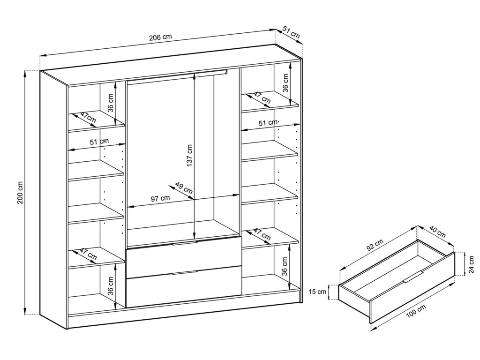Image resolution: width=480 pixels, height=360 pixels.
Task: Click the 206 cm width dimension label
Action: coord(160,37)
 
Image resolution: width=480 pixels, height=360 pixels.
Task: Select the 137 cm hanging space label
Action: coord(189,156)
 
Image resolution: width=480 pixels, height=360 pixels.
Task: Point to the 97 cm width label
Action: coord(160,198)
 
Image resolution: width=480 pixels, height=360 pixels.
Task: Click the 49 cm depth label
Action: coord(184,188)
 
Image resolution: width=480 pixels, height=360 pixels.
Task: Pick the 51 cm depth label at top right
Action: coord(291,32)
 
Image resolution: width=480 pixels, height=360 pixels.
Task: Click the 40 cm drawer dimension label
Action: coord(437,232)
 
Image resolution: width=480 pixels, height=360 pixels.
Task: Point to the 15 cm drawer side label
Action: coord(317,292)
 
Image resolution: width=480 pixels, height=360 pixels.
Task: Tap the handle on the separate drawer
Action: coord(413,277)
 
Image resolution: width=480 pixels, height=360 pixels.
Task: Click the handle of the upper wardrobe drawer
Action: coord(185,243)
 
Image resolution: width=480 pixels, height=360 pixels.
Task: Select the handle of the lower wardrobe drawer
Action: coord(185,272)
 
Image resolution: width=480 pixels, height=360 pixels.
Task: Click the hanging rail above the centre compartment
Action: coord(177,76)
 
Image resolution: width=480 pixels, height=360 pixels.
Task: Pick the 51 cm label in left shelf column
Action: coord(99,142)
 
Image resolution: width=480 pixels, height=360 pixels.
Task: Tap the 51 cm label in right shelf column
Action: coord(268,123)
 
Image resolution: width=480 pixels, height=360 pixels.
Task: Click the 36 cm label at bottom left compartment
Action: coord(111,285)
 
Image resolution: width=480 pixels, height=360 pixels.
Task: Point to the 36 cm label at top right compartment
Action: coord(285,82)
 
